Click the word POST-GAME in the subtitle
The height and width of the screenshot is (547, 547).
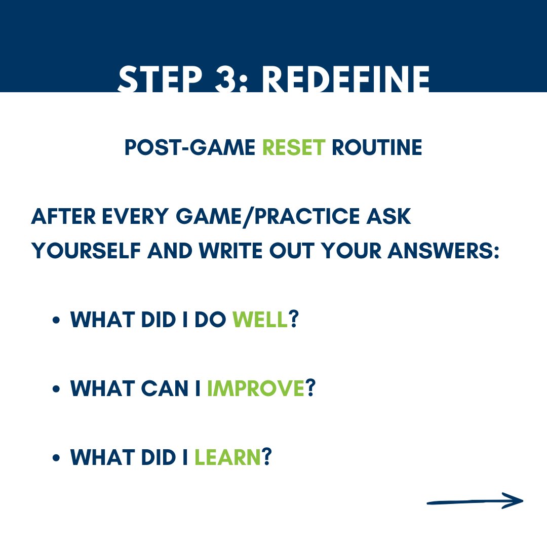click(x=190, y=147)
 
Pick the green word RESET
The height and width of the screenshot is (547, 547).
click(x=294, y=147)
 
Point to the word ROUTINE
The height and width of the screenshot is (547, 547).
click(x=377, y=147)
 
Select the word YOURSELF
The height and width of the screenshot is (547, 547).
click(x=86, y=251)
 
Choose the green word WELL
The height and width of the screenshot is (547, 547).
click(x=260, y=320)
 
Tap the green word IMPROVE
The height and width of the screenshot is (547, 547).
click(x=255, y=389)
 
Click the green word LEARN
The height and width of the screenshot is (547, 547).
click(x=227, y=458)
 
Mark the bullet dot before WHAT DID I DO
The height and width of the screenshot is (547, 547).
click(x=57, y=321)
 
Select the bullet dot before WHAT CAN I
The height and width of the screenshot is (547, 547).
click(x=57, y=390)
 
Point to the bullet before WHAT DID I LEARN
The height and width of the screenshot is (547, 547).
click(x=57, y=459)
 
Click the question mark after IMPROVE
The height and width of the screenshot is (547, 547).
click(x=310, y=389)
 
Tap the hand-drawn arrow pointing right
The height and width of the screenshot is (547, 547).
click(x=475, y=501)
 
